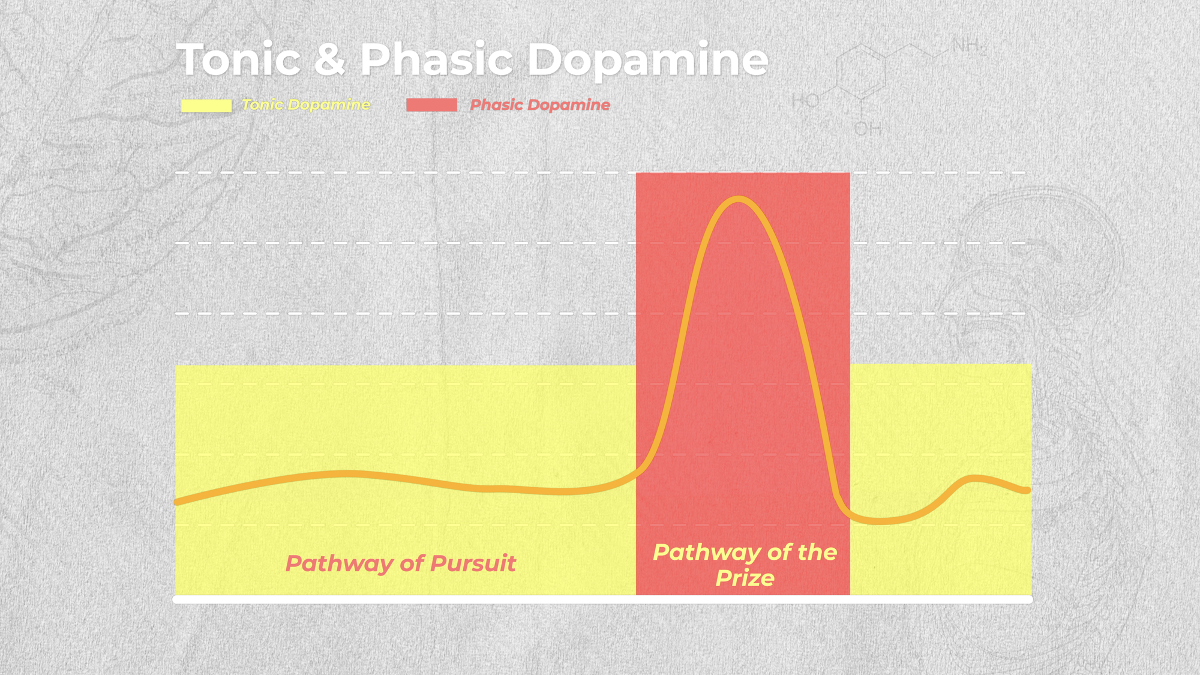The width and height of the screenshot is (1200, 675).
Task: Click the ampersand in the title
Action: tap(329, 59)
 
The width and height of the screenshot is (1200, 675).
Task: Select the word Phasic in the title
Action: tap(436, 59)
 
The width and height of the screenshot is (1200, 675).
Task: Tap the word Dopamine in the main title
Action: tap(647, 61)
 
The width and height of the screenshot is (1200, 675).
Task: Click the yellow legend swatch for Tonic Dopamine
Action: tap(206, 106)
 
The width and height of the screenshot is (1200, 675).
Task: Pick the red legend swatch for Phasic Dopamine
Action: tap(431, 105)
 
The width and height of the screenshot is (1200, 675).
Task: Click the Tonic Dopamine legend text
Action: tap(306, 105)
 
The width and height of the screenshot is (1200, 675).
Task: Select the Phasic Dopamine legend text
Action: tap(540, 105)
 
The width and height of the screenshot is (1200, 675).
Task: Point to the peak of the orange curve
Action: tap(738, 199)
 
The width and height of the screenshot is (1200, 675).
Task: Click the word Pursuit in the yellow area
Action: tap(473, 564)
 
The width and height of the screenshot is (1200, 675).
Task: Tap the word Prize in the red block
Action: tap(745, 578)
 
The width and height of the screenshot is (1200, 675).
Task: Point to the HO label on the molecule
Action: tap(805, 101)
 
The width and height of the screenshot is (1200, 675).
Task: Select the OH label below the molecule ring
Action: tap(868, 128)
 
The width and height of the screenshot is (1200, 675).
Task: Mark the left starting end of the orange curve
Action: tap(176, 502)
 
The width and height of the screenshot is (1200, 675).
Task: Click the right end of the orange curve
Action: tap(1028, 490)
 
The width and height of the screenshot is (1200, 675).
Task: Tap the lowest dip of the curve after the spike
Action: tap(879, 521)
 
